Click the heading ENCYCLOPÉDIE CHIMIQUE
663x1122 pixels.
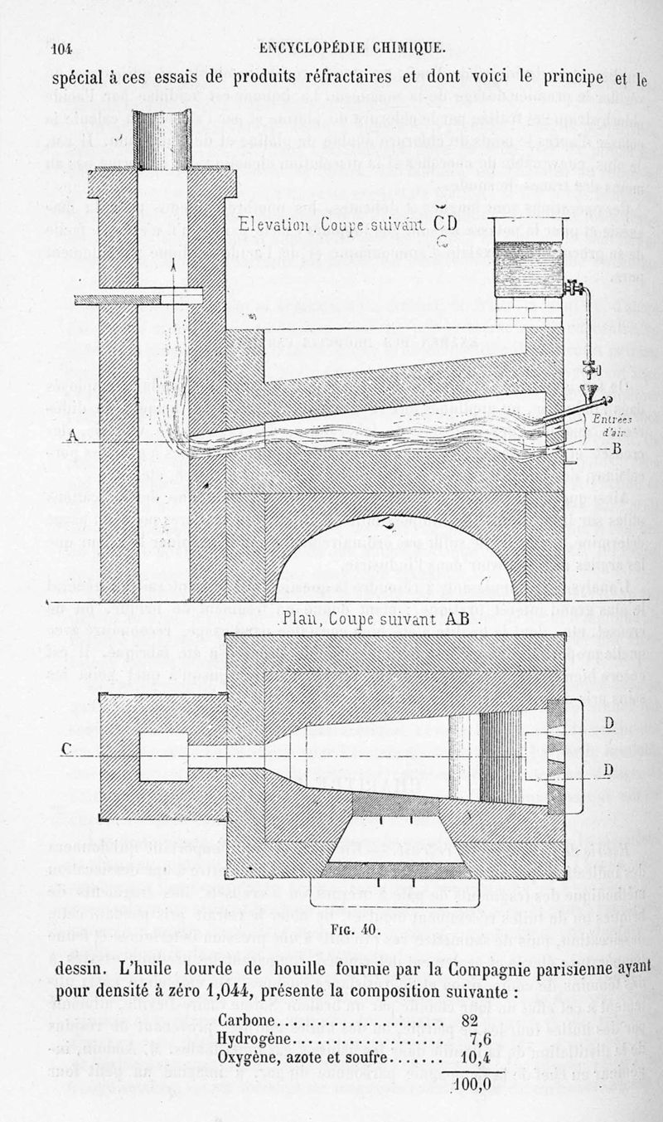[352, 47]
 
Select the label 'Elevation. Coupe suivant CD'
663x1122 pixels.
[347, 225]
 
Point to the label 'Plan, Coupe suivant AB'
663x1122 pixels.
[382, 619]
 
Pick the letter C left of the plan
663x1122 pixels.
[67, 749]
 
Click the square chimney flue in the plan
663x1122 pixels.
[162, 756]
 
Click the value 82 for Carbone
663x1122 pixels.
[470, 1019]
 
